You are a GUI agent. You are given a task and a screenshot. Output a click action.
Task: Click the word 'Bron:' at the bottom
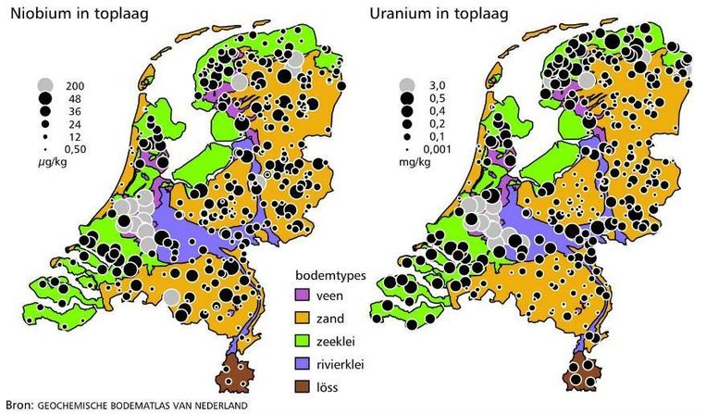[x=19, y=405]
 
